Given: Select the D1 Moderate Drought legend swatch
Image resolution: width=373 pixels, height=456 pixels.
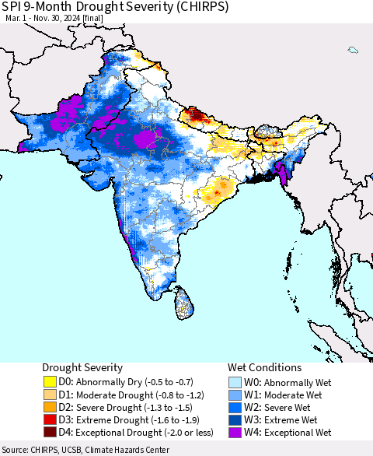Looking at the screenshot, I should (50, 395).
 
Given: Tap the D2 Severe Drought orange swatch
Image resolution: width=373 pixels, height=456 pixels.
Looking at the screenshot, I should (50, 407).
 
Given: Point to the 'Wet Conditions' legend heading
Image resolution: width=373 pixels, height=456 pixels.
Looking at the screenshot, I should (264, 367).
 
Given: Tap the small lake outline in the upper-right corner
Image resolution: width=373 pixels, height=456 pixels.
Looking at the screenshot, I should (353, 50).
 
